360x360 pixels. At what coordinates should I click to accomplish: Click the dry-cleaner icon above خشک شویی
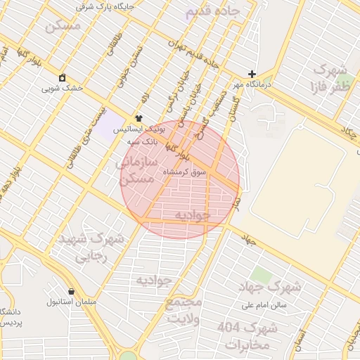click(x=63, y=77)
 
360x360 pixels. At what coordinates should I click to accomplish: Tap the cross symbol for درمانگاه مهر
click(x=252, y=74)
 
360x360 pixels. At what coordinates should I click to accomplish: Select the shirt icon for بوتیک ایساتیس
click(x=139, y=119)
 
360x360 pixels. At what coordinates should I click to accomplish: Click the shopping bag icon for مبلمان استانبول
click(x=71, y=291)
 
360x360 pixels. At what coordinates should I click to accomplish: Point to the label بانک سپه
click(x=143, y=141)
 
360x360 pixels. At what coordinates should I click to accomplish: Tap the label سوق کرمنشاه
click(x=185, y=172)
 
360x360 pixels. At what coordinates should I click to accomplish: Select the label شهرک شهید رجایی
click(x=92, y=246)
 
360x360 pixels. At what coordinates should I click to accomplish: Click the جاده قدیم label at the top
click(x=213, y=13)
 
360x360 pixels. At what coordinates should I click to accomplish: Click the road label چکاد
click(x=349, y=134)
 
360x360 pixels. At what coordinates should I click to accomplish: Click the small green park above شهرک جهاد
click(x=262, y=275)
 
